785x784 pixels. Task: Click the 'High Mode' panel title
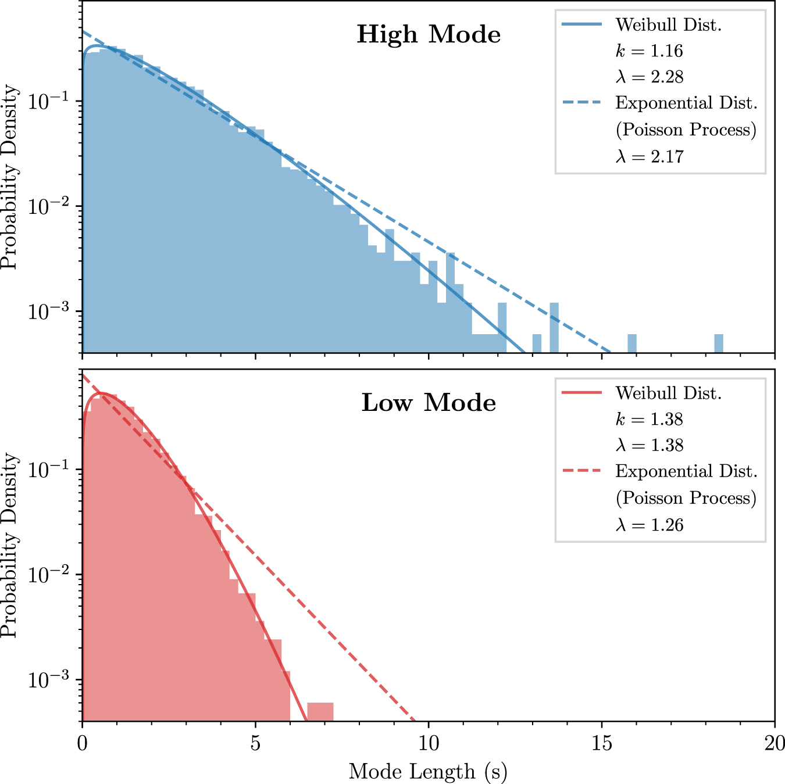tap(429, 35)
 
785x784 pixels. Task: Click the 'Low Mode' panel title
tap(429, 403)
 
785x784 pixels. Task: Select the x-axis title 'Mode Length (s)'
tap(428, 772)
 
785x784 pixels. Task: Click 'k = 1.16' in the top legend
tap(649, 51)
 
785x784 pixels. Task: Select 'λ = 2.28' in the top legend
tap(649, 77)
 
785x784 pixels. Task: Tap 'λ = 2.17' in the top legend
tap(649, 156)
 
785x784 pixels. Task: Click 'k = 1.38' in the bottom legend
tap(649, 420)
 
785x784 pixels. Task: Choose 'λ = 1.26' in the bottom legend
tap(649, 525)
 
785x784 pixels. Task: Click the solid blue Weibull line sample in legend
tap(582, 24)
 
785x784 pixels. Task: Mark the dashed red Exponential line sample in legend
tap(582, 471)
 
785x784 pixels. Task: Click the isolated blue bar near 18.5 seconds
tap(718, 343)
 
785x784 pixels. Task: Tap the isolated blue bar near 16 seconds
tap(631, 343)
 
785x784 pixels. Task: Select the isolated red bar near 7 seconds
tap(320, 712)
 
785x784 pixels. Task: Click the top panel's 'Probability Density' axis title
tap(10, 177)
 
